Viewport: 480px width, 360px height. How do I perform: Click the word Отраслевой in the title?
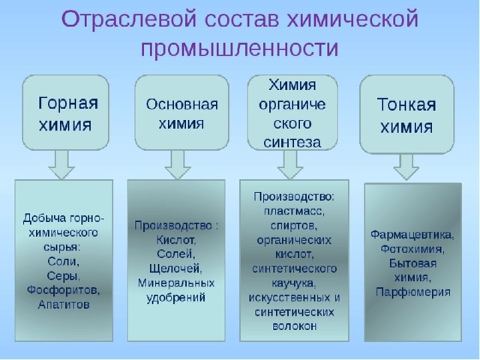[x=129, y=19]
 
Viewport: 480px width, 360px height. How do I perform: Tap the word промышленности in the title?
[x=240, y=48]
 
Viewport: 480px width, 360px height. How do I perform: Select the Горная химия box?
[x=65, y=112]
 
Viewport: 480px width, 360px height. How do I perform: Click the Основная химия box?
[x=181, y=112]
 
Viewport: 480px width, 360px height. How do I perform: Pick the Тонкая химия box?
[x=406, y=114]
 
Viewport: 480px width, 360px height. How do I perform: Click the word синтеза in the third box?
[x=292, y=142]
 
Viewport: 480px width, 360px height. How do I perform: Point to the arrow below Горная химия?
[x=61, y=164]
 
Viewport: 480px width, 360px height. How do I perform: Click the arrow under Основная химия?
[x=178, y=164]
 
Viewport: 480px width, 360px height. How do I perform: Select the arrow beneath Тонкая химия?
[x=406, y=166]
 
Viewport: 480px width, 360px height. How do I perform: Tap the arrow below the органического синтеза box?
[x=290, y=164]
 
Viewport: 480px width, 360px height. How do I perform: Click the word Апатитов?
[x=64, y=304]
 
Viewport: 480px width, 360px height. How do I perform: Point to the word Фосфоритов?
[x=63, y=290]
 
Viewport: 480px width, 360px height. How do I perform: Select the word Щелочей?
[x=175, y=268]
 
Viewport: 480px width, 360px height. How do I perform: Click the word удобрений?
[x=175, y=298]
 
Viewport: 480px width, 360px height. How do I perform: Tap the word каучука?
[x=293, y=283]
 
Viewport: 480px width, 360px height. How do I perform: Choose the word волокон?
[x=294, y=326]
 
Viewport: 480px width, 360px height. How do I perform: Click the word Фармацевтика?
[x=412, y=235]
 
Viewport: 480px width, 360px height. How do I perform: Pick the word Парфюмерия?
[x=413, y=292]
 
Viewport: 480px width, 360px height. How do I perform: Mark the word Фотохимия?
[x=412, y=249]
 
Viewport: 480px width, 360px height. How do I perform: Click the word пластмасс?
[x=294, y=211]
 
